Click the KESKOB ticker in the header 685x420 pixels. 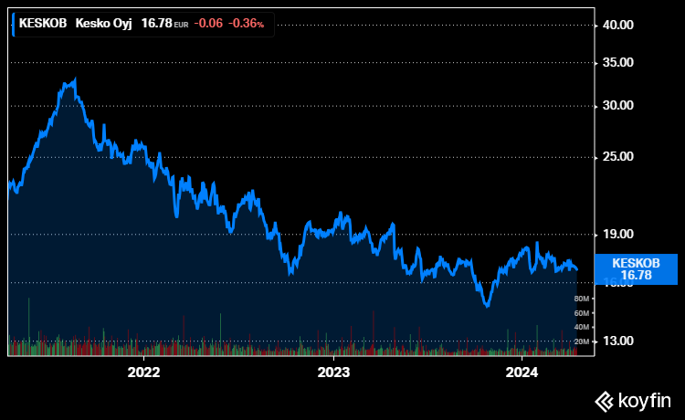pos(42,24)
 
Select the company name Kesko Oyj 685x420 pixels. pos(103,24)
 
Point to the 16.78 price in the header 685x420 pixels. pos(157,24)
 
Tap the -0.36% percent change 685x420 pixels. pos(247,24)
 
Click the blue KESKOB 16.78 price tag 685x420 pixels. pos(635,268)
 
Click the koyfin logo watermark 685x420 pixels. pos(633,400)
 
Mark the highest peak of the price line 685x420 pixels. pos(75,79)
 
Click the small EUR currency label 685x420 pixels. pos(181,25)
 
